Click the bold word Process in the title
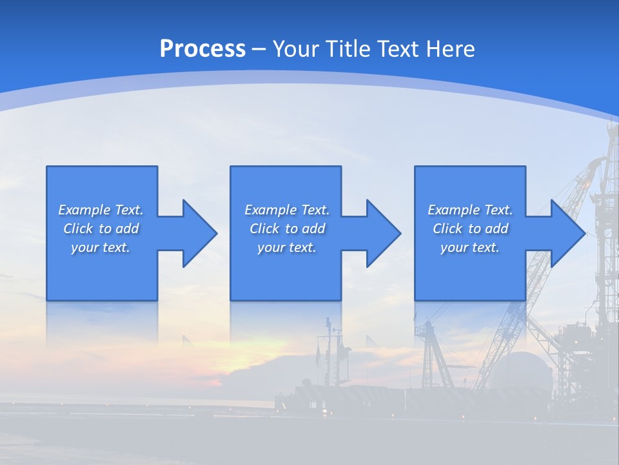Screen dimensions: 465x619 click(202, 48)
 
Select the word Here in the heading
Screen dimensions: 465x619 click(450, 48)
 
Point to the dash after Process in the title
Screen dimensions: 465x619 click(259, 49)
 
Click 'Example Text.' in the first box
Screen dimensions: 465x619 click(101, 210)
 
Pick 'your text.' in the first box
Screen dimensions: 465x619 click(101, 247)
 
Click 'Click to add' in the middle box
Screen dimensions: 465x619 click(287, 229)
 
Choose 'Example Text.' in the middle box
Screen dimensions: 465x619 click(287, 210)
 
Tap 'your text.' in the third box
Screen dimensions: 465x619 click(470, 247)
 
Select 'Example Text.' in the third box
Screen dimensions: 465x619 click(470, 210)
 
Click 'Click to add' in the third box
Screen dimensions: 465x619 click(470, 229)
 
